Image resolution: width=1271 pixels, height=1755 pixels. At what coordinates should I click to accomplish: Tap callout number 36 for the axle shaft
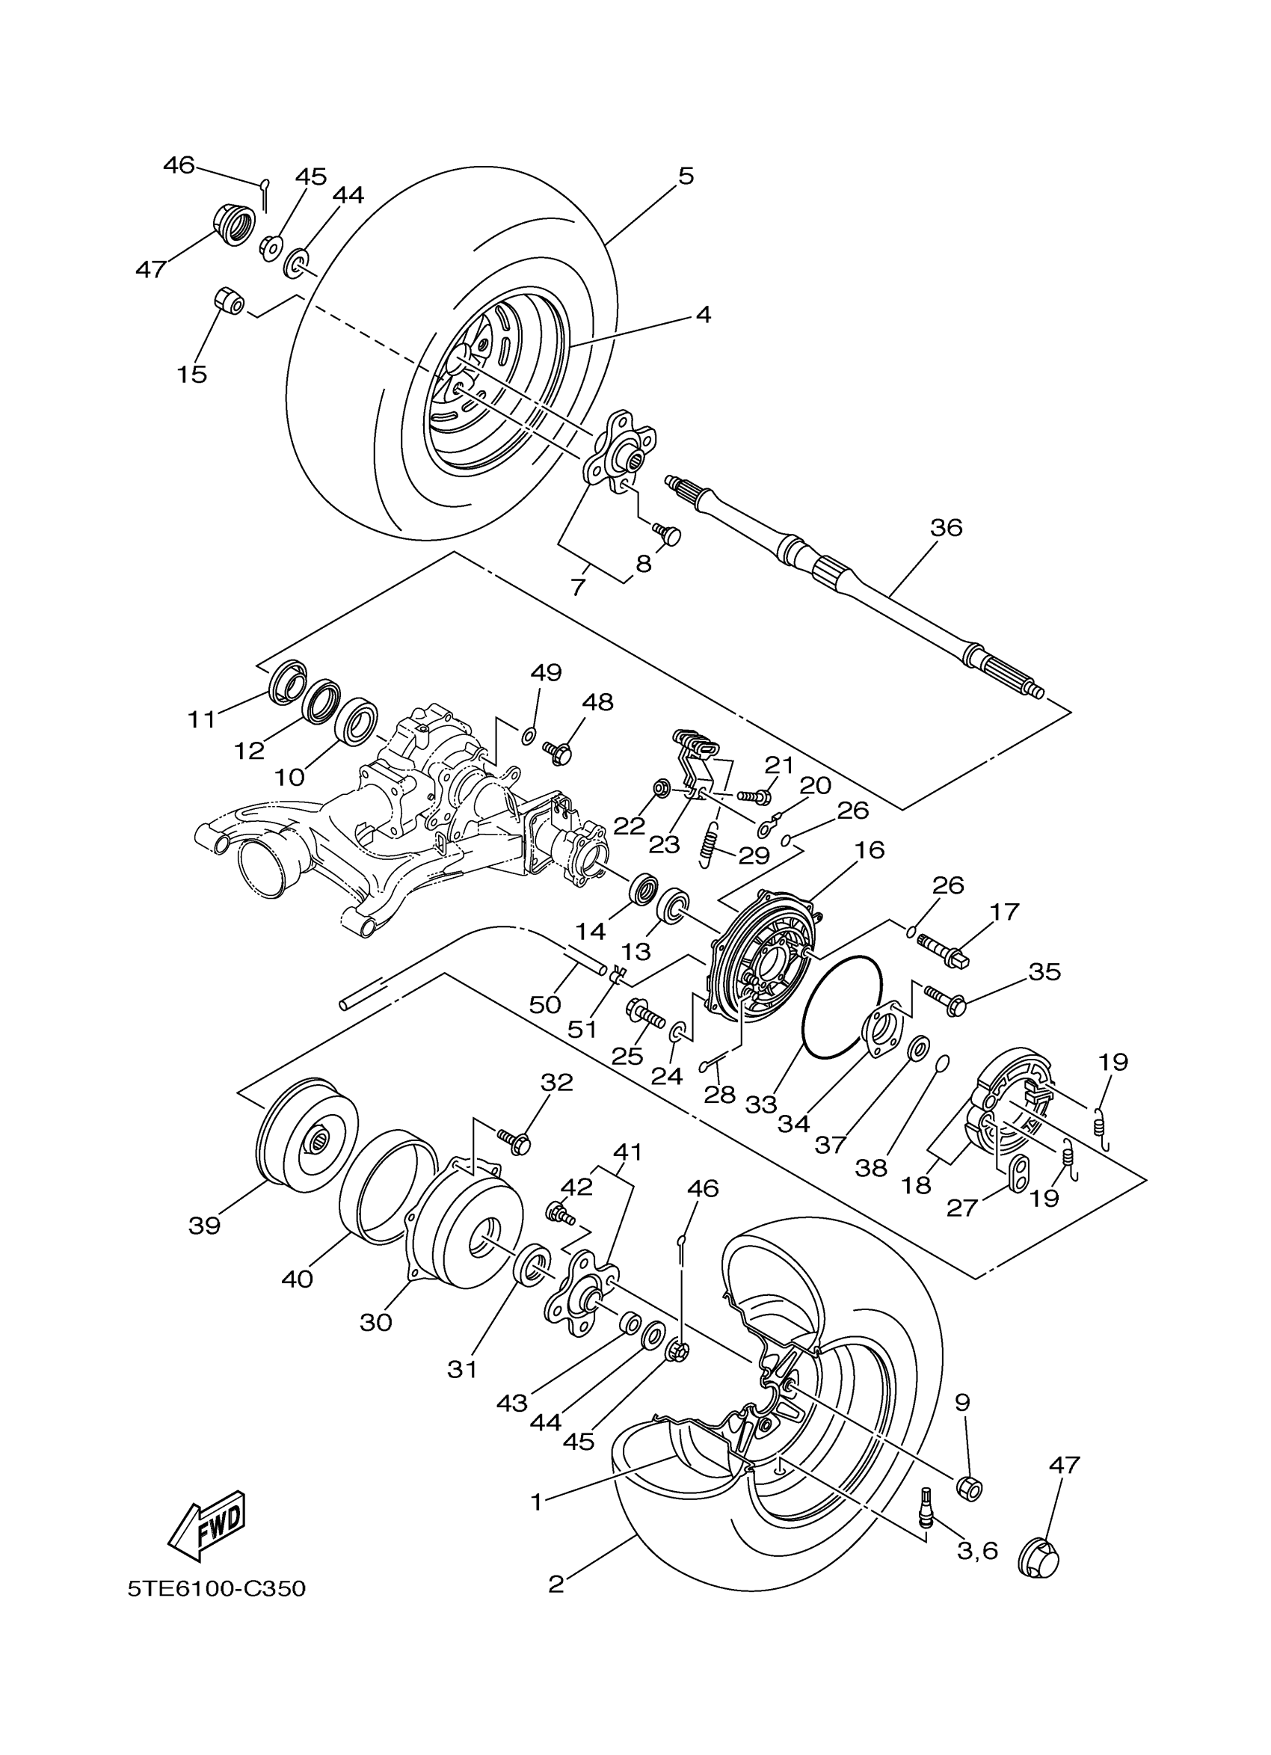(x=945, y=528)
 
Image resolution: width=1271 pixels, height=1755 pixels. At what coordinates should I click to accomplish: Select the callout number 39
(x=204, y=1226)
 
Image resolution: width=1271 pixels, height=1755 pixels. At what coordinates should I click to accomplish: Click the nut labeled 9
(x=969, y=1487)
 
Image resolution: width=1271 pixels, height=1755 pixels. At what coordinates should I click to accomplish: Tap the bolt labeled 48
(x=558, y=752)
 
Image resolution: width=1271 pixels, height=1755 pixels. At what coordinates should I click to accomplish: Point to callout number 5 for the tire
(x=686, y=176)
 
